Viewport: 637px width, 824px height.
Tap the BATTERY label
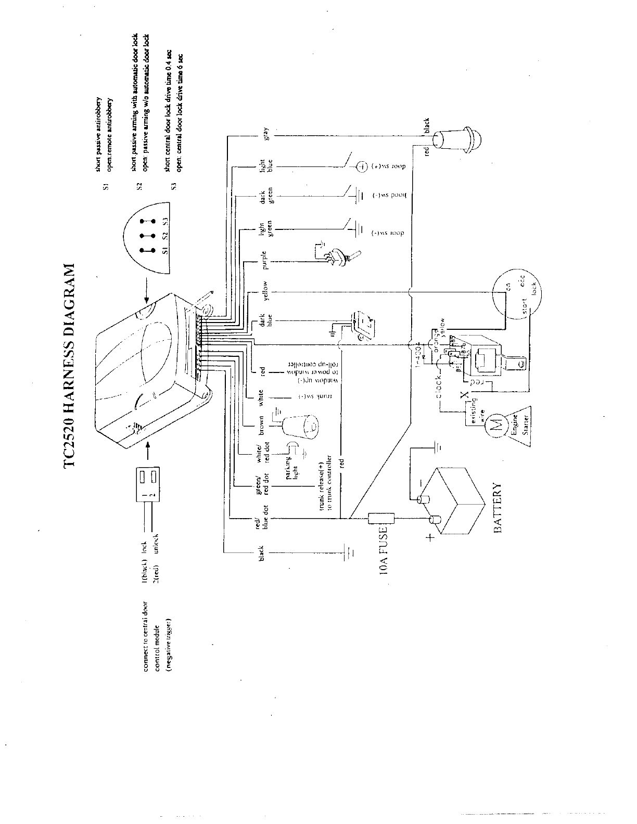(x=498, y=508)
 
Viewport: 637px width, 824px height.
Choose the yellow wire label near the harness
(x=265, y=291)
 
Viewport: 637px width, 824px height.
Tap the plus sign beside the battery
(x=430, y=538)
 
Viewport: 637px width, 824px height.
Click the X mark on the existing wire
(x=464, y=396)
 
